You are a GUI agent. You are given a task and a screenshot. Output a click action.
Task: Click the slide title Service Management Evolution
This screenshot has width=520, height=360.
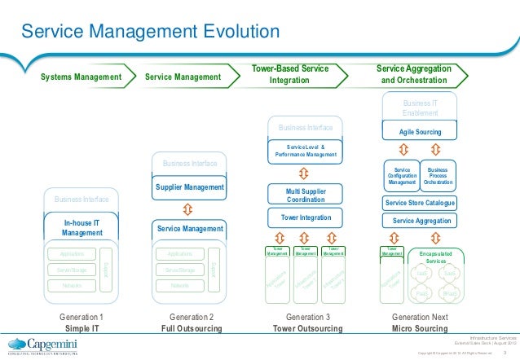click(151, 32)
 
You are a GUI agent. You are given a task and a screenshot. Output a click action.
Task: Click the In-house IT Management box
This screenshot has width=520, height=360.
click(82, 227)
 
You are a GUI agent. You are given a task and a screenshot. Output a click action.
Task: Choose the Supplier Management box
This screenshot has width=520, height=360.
click(189, 187)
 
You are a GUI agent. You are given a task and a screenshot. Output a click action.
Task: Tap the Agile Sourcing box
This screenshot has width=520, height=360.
click(420, 131)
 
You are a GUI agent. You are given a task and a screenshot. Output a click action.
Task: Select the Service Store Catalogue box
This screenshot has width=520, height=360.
click(420, 203)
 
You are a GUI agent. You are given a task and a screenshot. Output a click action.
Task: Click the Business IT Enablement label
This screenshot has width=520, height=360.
click(420, 108)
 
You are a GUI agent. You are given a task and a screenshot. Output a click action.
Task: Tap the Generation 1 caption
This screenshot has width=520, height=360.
click(82, 316)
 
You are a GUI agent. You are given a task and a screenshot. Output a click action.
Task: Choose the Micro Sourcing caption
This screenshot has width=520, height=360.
click(420, 328)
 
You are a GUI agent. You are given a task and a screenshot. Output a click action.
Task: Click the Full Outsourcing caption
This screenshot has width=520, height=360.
click(189, 328)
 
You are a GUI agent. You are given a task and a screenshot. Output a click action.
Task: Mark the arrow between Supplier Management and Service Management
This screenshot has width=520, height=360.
click(189, 209)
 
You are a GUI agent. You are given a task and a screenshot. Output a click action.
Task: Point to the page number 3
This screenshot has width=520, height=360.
click(505, 353)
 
